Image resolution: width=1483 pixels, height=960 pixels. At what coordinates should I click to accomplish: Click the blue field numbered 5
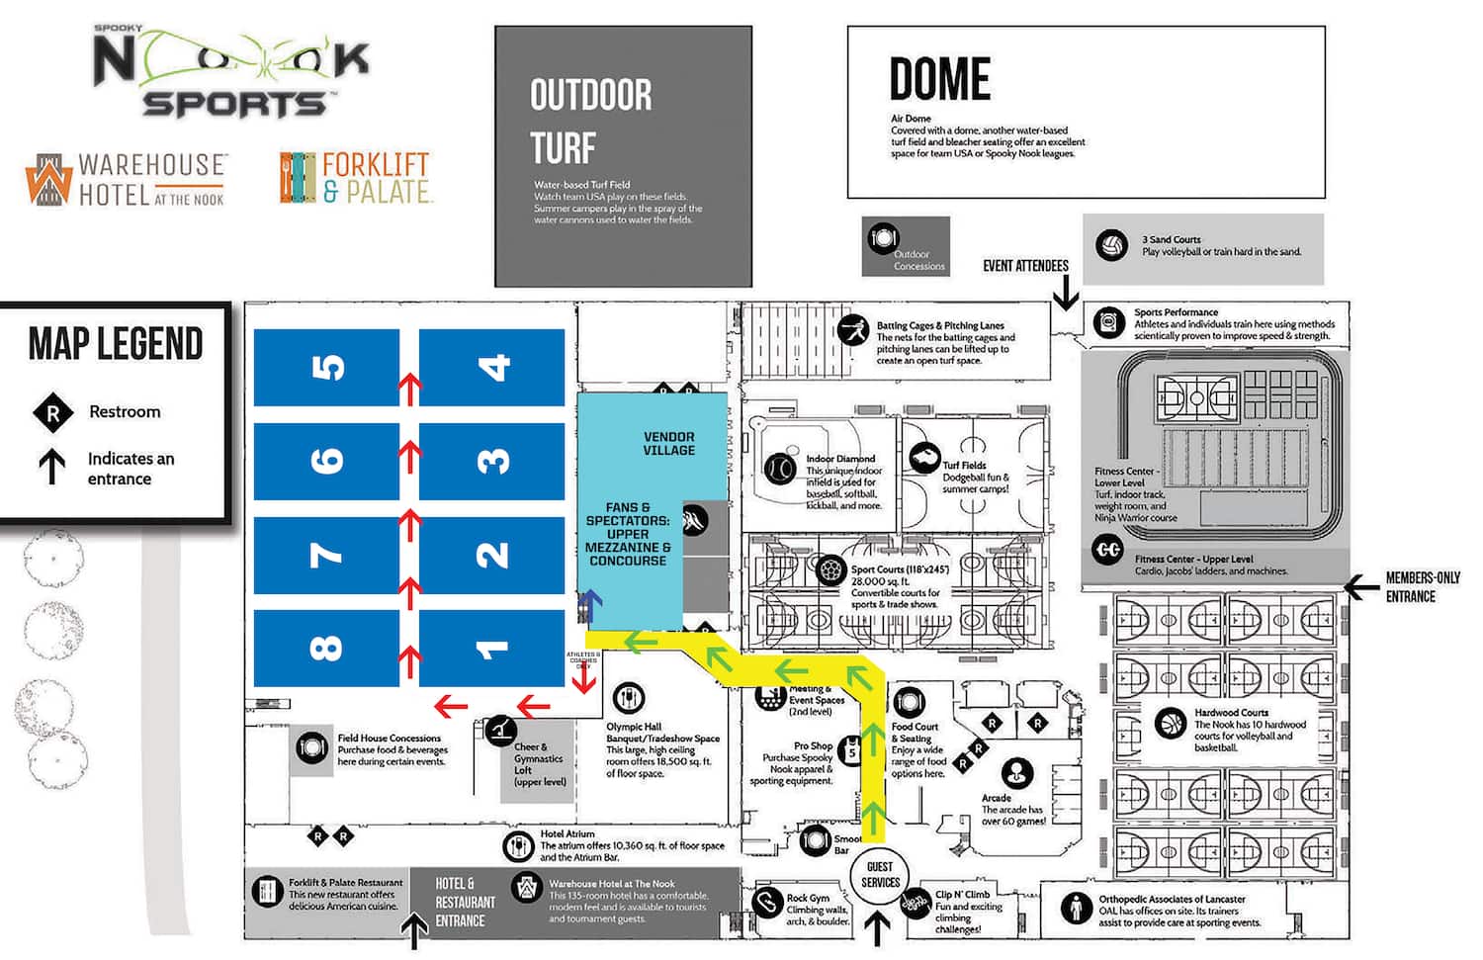click(326, 368)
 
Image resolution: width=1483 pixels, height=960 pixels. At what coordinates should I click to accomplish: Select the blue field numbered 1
click(491, 649)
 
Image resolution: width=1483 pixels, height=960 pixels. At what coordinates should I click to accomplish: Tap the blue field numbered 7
click(326, 555)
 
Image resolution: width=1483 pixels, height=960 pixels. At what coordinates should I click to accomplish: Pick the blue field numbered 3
click(491, 461)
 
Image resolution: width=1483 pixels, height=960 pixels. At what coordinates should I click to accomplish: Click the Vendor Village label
click(668, 444)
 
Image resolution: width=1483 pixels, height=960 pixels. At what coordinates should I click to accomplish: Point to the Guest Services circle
click(879, 875)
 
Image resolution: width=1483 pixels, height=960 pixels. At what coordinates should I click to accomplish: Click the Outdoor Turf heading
click(590, 122)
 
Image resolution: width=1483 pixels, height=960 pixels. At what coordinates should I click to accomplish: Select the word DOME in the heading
click(939, 80)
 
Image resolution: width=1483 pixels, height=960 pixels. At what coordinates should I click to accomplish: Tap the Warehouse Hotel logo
click(127, 179)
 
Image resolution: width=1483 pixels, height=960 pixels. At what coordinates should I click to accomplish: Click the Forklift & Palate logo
click(356, 178)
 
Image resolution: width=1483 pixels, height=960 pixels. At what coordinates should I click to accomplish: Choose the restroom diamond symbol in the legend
click(52, 413)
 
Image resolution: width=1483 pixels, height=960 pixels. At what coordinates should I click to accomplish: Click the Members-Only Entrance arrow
click(1361, 588)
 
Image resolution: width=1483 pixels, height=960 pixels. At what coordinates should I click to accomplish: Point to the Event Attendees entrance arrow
click(1065, 293)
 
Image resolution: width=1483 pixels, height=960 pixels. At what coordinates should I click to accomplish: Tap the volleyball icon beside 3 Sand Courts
click(1111, 245)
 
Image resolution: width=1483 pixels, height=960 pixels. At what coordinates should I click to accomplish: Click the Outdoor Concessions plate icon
click(882, 238)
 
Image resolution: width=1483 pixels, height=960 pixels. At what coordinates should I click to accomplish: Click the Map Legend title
click(116, 344)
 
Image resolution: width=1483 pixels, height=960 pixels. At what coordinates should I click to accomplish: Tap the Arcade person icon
click(1016, 773)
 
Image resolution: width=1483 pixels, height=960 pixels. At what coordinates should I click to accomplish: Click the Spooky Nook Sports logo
click(231, 71)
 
